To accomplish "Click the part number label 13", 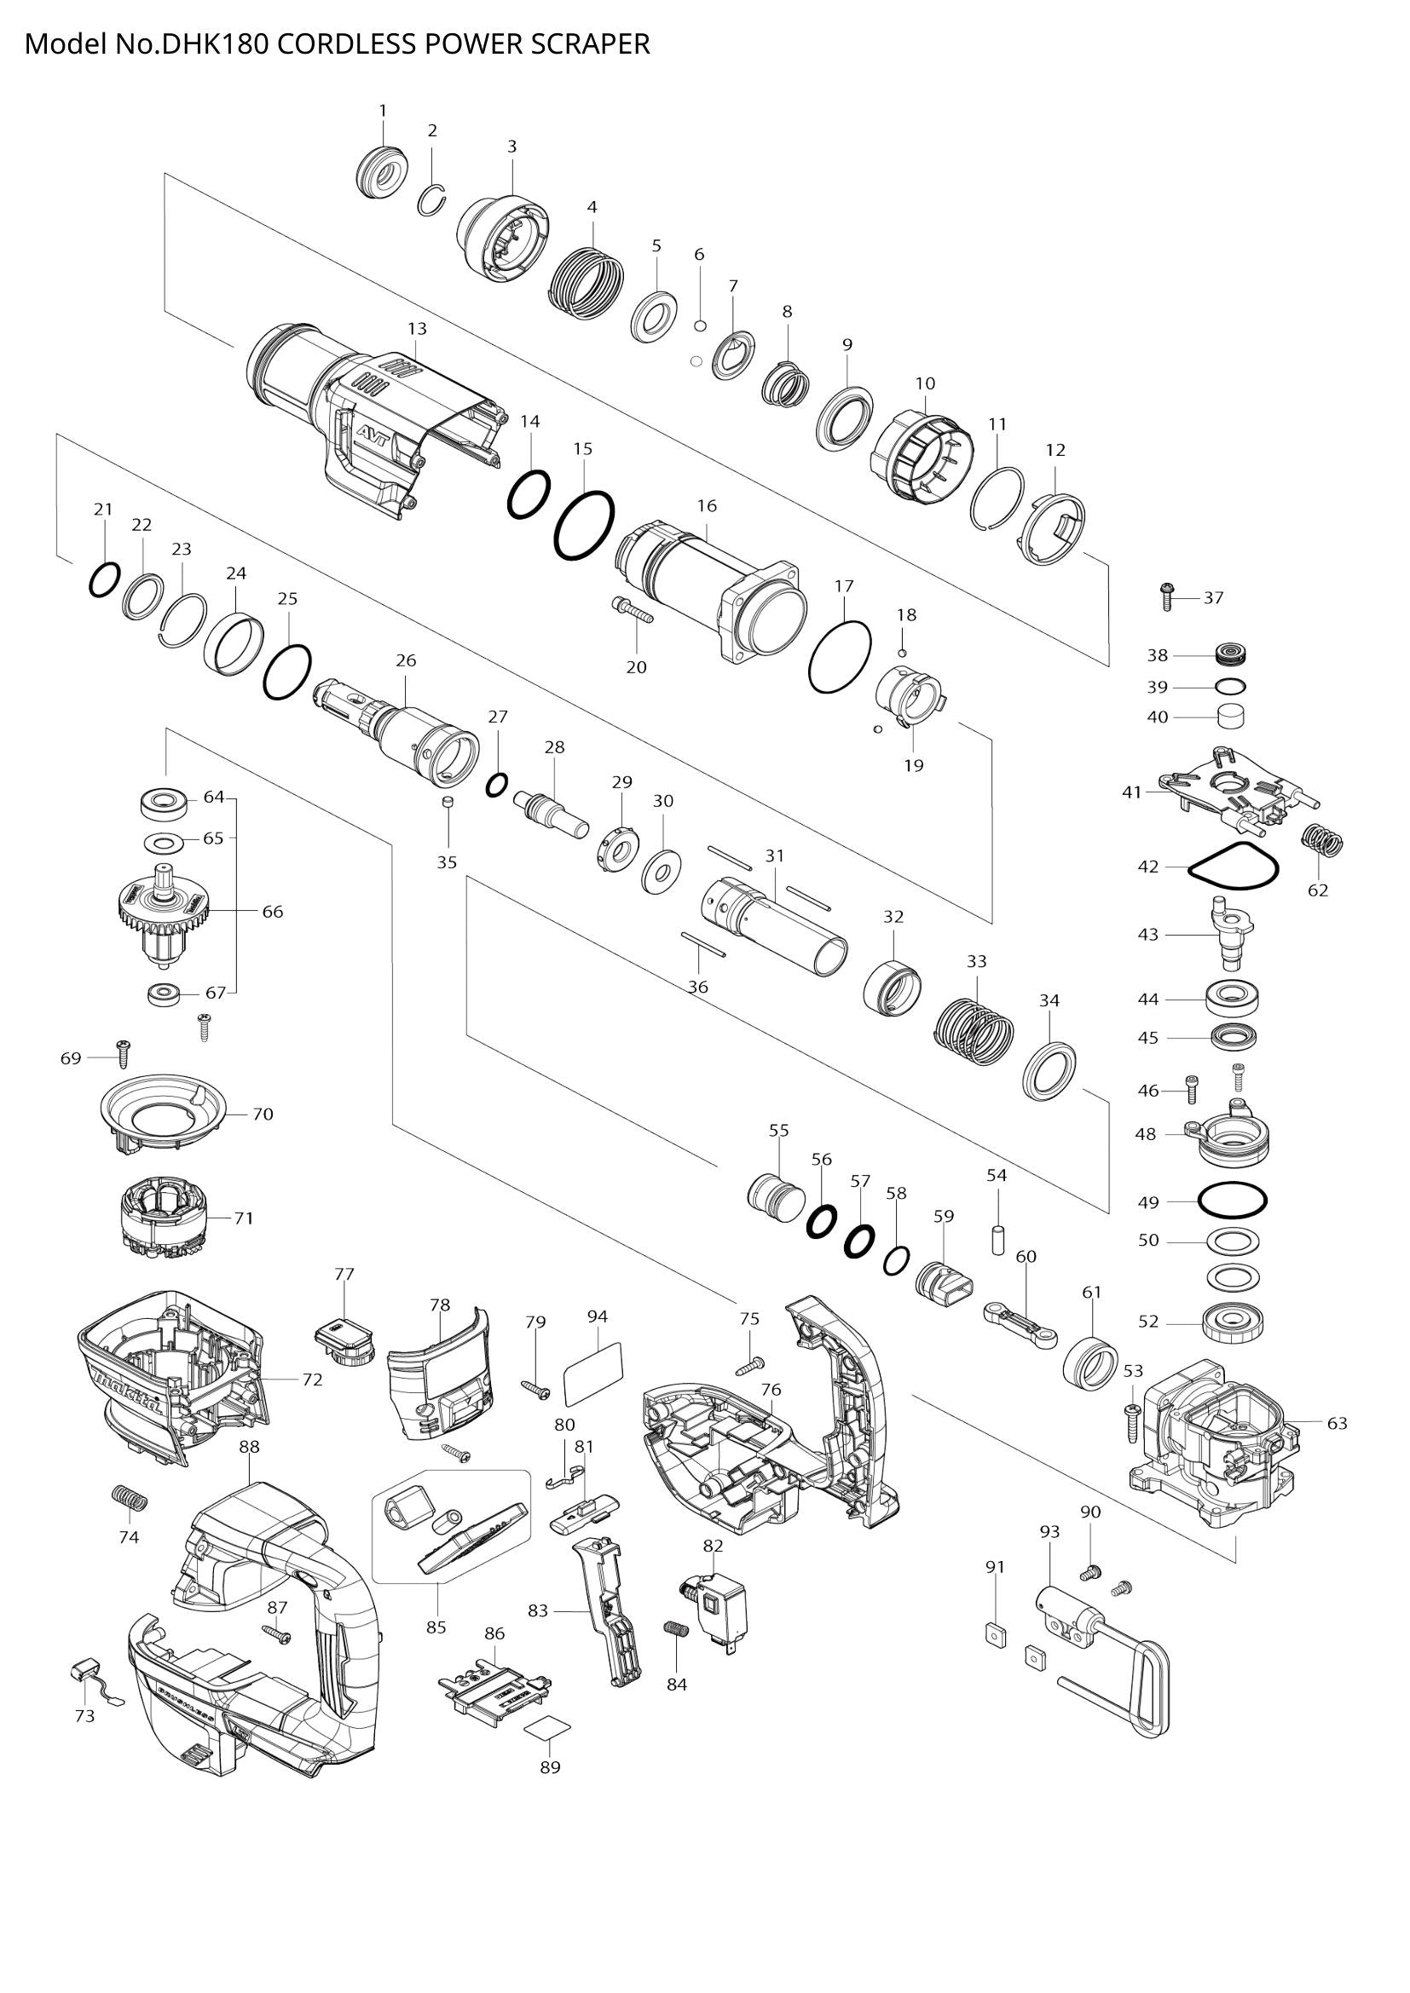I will (417, 329).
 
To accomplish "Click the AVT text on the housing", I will (375, 431).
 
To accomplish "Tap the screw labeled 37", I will (1167, 597).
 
